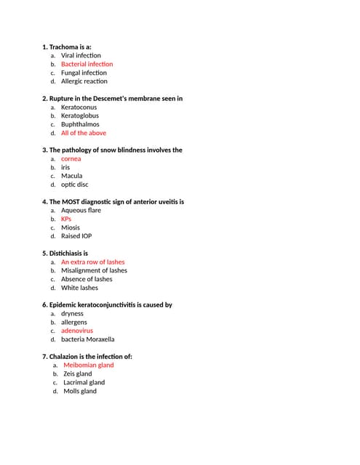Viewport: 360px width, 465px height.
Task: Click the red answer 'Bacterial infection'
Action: [87, 64]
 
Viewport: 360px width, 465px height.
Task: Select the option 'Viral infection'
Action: [81, 55]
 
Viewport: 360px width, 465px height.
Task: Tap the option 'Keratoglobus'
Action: [80, 116]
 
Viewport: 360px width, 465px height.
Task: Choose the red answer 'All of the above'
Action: [84, 133]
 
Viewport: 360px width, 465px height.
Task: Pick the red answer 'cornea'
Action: [71, 158]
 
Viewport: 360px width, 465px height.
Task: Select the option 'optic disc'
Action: [74, 185]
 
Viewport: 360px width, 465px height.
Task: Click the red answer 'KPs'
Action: [66, 219]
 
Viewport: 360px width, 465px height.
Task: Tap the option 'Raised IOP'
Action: [76, 236]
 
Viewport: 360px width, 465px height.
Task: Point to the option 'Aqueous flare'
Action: [81, 210]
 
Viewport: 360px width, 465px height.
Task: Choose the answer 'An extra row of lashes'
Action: [93, 262]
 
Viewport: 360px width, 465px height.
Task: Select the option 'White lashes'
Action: [79, 288]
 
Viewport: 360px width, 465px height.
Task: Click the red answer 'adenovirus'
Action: [77, 331]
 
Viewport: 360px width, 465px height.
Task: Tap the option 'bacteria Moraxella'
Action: [87, 339]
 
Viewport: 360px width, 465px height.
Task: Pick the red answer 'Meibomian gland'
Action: [89, 365]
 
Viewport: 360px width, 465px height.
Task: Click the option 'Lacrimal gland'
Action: [84, 382]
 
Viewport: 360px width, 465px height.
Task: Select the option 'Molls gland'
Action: [80, 391]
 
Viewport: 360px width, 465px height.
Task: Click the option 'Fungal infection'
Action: [84, 73]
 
